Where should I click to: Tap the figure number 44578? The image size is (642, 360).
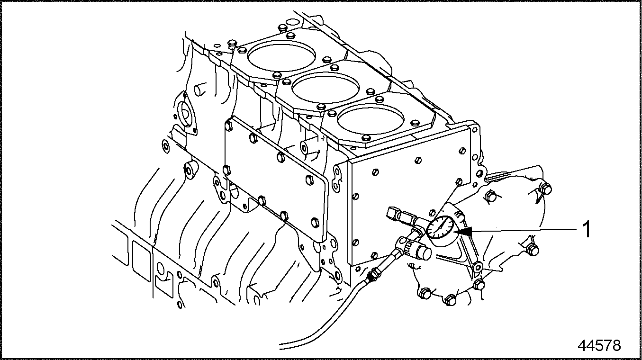point(599,345)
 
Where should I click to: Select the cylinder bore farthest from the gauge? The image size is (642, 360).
point(281,56)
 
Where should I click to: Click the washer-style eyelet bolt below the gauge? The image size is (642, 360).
point(478,268)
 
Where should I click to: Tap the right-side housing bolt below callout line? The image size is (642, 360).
point(533,251)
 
